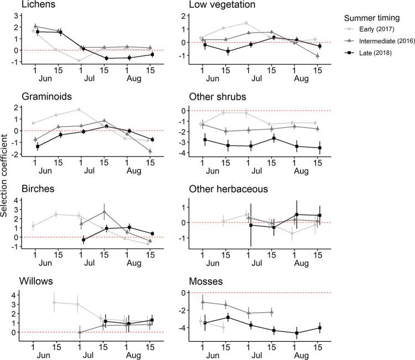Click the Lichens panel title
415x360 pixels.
click(22, 5)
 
